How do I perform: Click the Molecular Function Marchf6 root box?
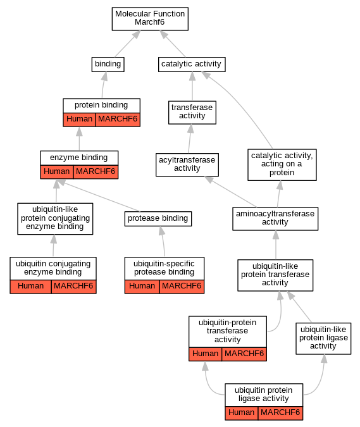150,19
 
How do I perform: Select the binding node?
108,65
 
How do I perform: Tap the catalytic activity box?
192,65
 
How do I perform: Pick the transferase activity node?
192,113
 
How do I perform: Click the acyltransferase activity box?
187,164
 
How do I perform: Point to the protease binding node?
158,219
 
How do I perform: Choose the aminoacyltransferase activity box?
275,218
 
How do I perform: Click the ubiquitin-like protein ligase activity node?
323,338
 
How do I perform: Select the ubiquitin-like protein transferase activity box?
275,275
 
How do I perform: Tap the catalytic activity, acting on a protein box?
282,164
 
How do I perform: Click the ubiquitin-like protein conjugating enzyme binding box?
55,218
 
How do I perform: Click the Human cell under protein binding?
79,120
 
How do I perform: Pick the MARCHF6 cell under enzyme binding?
96,172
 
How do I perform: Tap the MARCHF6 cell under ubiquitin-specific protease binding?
182,287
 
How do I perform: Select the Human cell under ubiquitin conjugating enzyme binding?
30,287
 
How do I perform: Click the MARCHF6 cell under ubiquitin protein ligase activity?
280,413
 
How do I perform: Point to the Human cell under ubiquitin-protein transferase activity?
206,354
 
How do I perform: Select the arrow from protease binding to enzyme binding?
99,196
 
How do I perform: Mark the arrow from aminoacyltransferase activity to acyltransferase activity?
231,192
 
